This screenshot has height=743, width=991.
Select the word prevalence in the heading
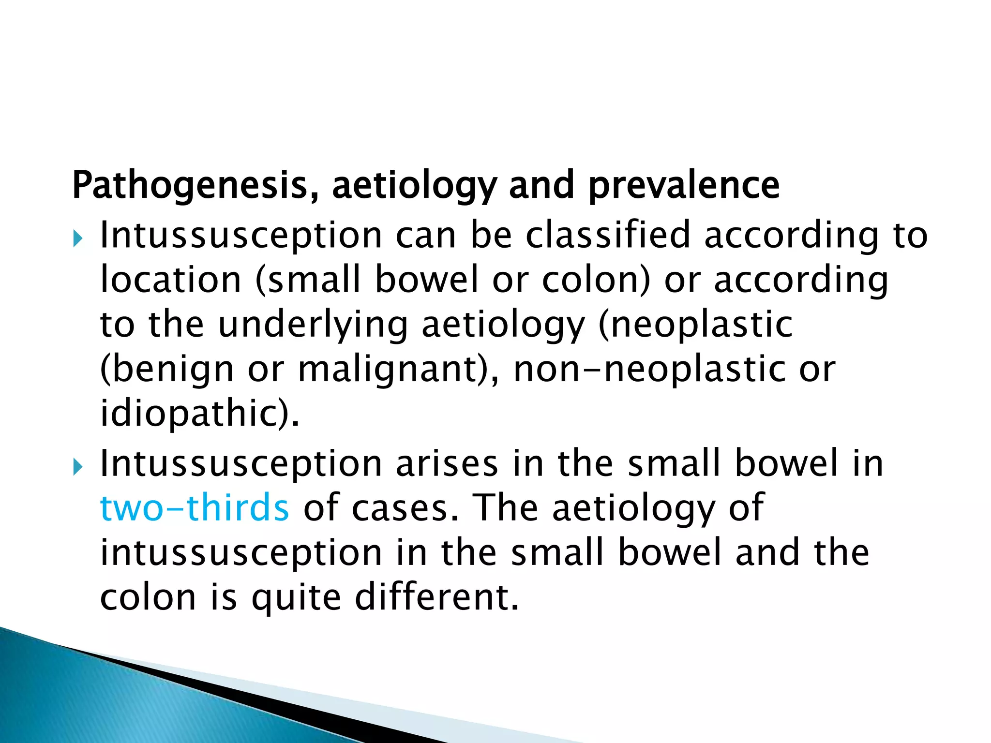(x=683, y=186)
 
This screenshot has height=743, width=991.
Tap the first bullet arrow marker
(x=77, y=238)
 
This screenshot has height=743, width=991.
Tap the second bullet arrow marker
(x=77, y=467)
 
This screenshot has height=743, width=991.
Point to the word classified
(x=608, y=235)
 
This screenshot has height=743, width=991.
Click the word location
(x=170, y=280)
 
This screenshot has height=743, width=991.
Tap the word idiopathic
(x=196, y=414)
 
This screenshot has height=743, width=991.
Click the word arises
(x=447, y=464)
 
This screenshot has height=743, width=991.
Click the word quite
(x=296, y=598)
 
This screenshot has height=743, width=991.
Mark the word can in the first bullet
(x=426, y=236)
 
